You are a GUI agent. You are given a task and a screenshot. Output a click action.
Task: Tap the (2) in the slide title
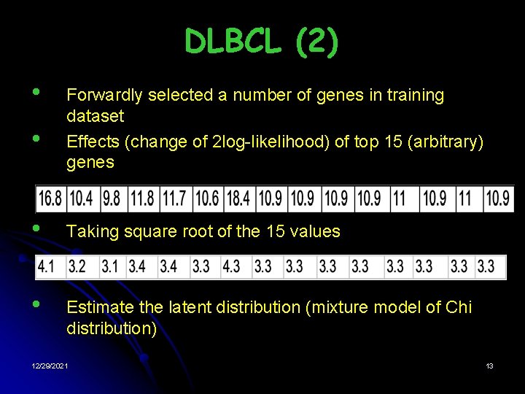tap(317, 42)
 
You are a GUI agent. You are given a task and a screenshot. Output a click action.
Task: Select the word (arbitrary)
tap(447, 142)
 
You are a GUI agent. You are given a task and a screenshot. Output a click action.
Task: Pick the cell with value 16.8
tap(50, 198)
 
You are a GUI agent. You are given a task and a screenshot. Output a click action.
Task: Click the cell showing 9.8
tap(112, 198)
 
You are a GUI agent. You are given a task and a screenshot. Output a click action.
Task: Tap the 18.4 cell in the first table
tap(238, 198)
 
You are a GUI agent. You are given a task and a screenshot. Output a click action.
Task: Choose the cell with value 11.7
tap(174, 198)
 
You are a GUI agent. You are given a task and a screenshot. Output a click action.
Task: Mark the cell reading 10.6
tap(207, 198)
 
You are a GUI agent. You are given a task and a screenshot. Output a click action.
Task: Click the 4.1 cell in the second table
tap(46, 267)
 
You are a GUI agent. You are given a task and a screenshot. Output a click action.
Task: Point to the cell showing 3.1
tap(110, 267)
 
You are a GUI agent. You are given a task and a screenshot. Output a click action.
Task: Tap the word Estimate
tap(97, 307)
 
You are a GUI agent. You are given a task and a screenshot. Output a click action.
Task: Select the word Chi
tap(458, 307)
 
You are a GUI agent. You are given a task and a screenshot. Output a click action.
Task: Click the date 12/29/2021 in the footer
tap(50, 366)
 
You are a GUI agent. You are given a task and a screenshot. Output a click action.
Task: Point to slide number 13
tap(489, 366)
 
